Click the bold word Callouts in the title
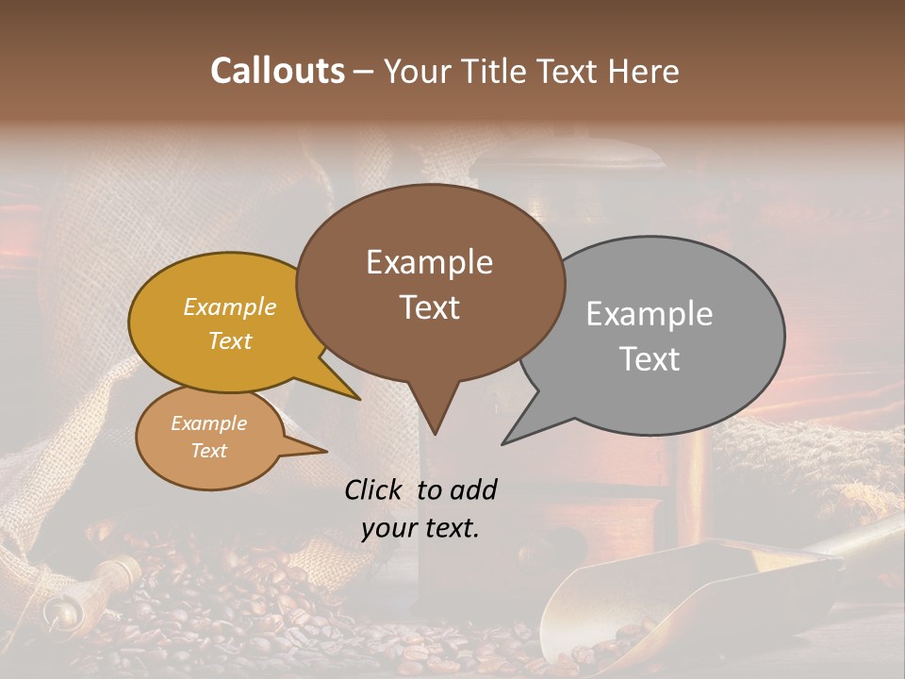pos(277,71)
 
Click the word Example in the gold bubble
pos(230,306)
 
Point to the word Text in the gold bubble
pos(230,340)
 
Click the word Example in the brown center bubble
pos(429,262)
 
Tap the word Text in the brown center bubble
pos(429,307)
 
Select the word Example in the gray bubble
pos(650,314)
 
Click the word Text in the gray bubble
pos(650,359)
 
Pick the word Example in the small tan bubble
pos(208,423)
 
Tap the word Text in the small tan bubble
pos(208,451)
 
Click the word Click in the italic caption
pos(375,489)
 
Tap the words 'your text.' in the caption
pos(420,528)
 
